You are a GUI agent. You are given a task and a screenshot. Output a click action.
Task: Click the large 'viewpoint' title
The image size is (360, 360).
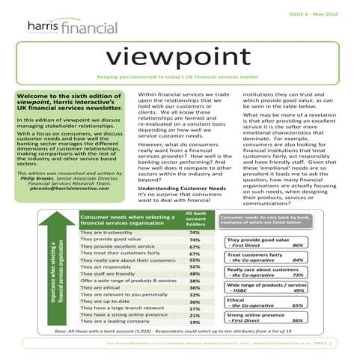coord(180,57)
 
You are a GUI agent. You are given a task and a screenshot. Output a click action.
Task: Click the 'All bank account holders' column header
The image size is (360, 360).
coord(195,219)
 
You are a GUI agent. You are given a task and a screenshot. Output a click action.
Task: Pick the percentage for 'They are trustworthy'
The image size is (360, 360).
coord(195,232)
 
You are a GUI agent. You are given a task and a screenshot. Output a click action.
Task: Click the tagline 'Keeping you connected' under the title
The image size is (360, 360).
coord(180,77)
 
